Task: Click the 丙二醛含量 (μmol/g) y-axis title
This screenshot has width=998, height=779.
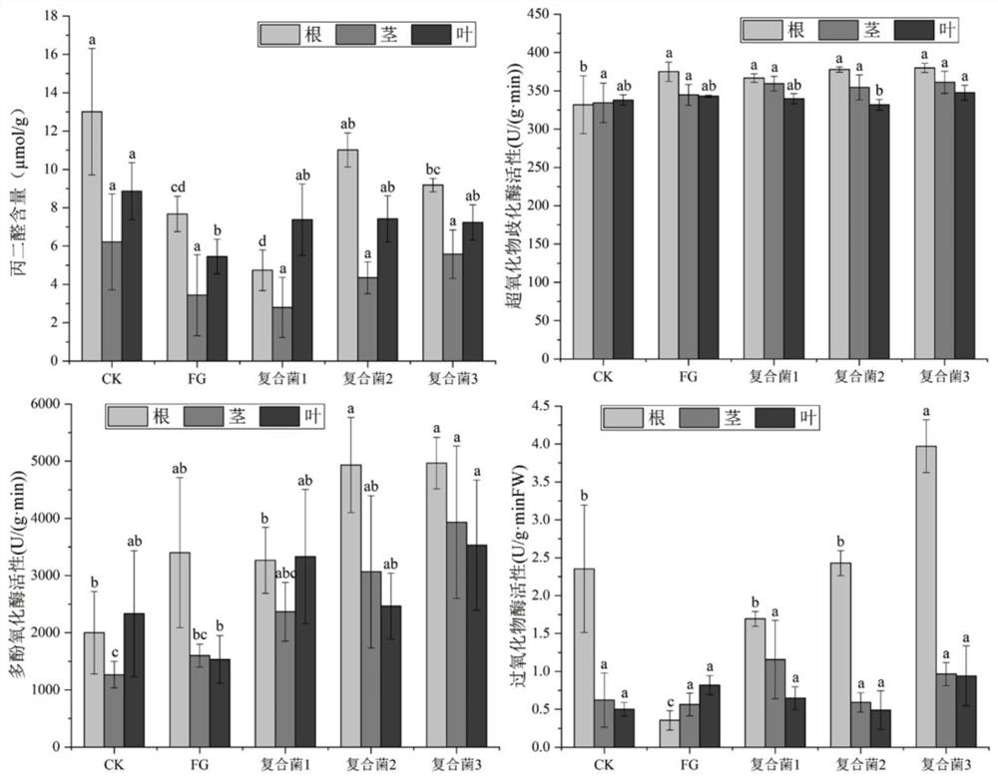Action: tap(21, 190)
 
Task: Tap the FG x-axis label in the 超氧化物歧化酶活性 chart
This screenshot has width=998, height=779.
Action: tap(688, 377)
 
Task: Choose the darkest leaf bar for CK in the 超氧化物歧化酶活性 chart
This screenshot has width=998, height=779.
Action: tap(623, 228)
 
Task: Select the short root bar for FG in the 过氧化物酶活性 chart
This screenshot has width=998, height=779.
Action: tap(670, 733)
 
